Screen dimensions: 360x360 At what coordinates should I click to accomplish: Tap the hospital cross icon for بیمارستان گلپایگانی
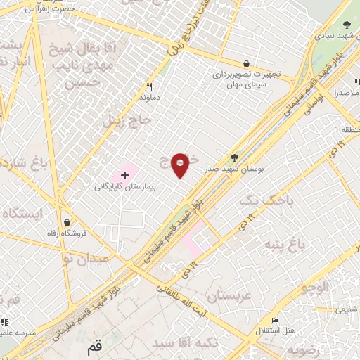point(126,174)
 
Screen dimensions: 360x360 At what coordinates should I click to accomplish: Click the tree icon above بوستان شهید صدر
point(234,159)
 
